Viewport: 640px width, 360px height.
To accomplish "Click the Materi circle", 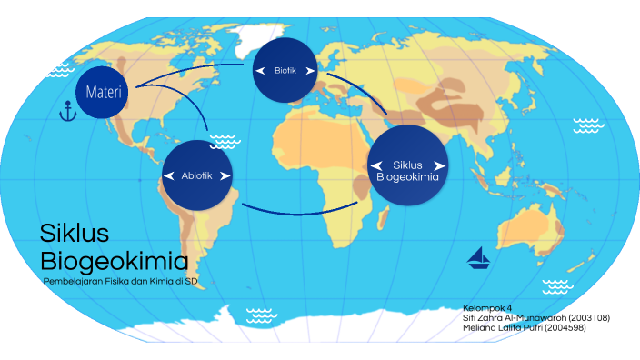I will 103,92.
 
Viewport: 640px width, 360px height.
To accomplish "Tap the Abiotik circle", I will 197,175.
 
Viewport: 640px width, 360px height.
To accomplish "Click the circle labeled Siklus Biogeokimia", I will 408,165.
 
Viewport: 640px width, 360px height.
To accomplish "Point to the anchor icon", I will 65,114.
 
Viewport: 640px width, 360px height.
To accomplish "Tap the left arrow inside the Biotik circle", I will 260,70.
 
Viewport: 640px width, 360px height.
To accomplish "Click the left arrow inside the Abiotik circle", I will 169,175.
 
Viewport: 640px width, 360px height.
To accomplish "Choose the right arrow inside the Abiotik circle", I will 225,175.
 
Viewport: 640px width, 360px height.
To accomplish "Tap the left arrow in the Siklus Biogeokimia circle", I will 375,165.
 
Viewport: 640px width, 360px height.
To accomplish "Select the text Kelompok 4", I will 487,307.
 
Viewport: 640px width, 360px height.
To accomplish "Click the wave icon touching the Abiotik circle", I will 224,141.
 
